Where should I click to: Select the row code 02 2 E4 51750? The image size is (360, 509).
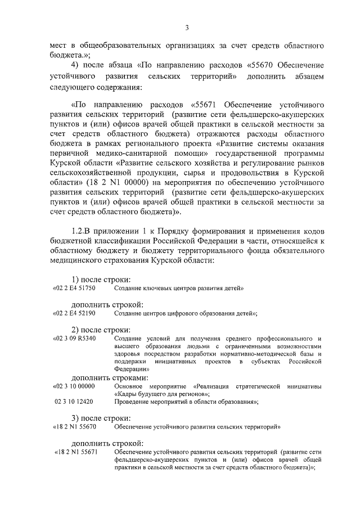(74, 288)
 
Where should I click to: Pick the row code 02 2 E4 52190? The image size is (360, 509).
(74, 313)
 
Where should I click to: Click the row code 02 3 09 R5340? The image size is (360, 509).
(74, 339)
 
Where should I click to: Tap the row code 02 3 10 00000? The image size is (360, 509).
(74, 386)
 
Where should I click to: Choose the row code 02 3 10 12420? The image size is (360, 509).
(74, 402)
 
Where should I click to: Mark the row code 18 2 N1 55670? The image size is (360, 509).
(75, 427)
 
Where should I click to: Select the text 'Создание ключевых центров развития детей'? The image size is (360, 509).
(178, 288)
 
